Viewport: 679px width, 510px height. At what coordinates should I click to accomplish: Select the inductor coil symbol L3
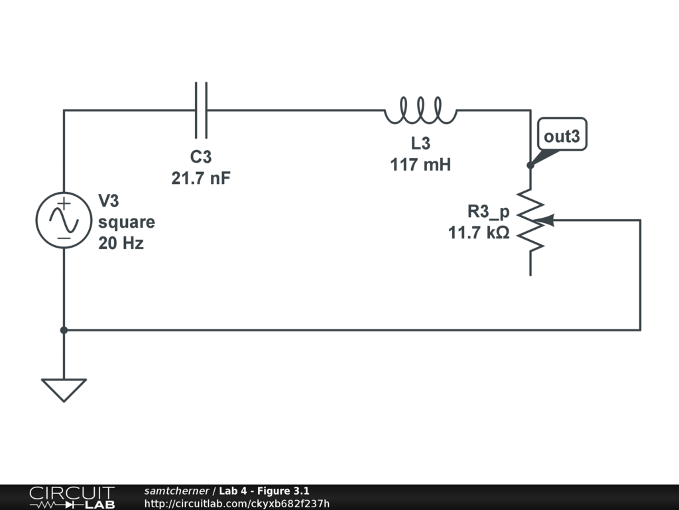click(420, 111)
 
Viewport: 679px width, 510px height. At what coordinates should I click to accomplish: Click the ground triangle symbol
click(64, 389)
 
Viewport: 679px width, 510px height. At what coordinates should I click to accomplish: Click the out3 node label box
click(562, 137)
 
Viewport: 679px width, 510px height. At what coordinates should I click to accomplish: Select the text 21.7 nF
click(202, 178)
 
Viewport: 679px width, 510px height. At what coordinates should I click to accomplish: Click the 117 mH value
click(420, 164)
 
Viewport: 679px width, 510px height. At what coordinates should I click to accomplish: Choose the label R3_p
click(489, 212)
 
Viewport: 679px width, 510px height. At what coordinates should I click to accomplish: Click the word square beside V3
click(127, 222)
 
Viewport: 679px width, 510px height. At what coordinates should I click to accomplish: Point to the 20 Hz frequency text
click(121, 243)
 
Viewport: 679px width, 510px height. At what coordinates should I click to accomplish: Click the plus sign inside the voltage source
click(64, 204)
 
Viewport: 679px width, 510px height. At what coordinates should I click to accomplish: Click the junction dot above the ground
click(64, 329)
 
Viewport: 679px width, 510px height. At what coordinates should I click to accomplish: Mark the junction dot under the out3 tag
click(530, 165)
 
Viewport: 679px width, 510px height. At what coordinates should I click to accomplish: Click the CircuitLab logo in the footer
click(71, 497)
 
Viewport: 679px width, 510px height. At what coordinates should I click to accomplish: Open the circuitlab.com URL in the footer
click(237, 503)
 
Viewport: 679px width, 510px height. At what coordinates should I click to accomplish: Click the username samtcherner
click(176, 491)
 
